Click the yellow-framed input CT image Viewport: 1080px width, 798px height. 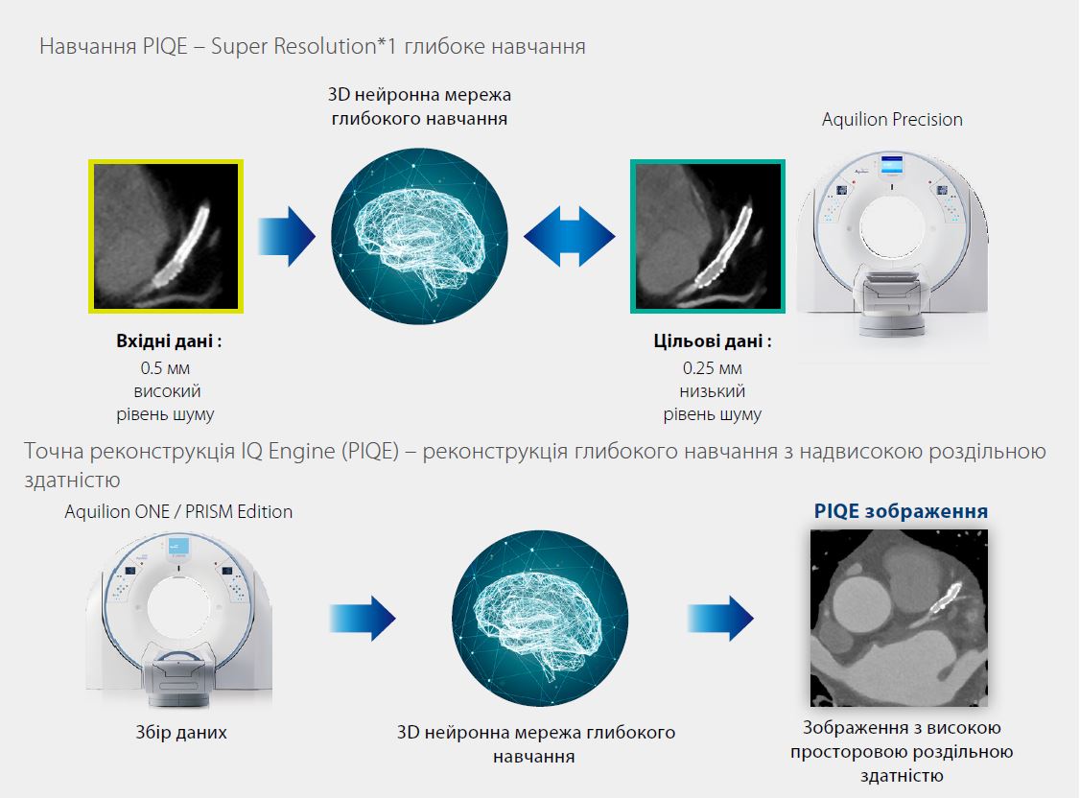tap(165, 236)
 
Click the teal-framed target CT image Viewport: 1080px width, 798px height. tap(708, 236)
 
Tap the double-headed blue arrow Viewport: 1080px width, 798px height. tap(569, 235)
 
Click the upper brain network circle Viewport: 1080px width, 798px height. tap(419, 235)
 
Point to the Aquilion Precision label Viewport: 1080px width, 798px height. tap(892, 120)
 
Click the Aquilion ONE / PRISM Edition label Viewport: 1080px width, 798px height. tap(178, 511)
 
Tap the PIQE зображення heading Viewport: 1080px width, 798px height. tap(901, 511)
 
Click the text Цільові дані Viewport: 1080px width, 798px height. tap(713, 342)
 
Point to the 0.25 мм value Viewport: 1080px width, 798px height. tap(713, 368)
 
